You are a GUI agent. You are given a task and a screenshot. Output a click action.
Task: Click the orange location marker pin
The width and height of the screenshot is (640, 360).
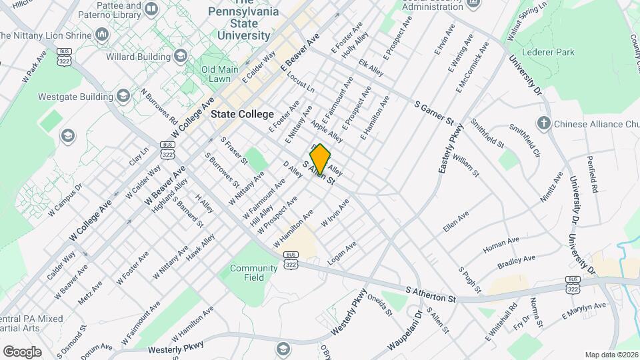click(320, 158)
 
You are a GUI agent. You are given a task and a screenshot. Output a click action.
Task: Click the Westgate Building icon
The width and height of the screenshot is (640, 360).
click(122, 97)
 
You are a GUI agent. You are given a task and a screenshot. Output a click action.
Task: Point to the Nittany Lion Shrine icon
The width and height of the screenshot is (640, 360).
click(102, 33)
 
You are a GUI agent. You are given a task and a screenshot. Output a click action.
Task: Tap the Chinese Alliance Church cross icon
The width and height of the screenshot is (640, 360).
click(544, 123)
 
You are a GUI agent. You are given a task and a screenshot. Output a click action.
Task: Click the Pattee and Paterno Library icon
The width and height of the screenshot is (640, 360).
click(151, 9)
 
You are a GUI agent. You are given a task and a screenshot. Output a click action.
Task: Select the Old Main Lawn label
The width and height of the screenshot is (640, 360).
click(220, 74)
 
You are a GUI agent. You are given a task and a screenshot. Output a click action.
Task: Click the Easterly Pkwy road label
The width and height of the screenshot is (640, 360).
click(451, 152)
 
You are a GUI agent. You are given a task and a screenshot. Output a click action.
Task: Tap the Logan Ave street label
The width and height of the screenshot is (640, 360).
click(341, 253)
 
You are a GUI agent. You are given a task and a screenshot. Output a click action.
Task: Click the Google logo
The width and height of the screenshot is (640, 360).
click(22, 351)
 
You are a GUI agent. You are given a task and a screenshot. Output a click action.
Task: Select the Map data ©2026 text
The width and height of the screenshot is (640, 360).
click(611, 355)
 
